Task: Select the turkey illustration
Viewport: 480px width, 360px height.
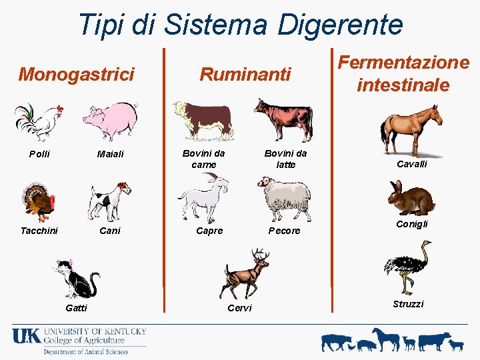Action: click(38, 201)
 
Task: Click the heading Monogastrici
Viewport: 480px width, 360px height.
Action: click(76, 73)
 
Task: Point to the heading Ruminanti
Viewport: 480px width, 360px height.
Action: click(246, 73)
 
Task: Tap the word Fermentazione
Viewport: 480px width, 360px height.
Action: click(403, 63)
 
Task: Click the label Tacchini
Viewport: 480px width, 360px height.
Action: click(39, 231)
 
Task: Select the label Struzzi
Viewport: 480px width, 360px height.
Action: click(408, 304)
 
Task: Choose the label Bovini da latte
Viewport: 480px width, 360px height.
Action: click(285, 159)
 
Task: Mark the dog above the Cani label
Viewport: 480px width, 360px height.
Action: click(109, 201)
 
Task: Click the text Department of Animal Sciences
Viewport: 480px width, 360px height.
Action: click(85, 351)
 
